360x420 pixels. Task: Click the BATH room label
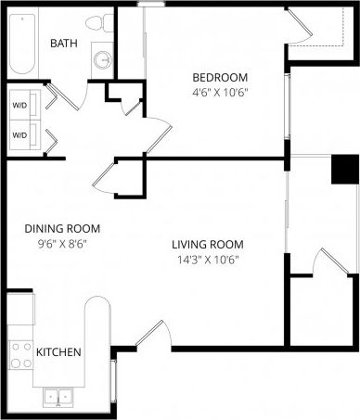point(63,44)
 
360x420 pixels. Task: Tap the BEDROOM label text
point(220,77)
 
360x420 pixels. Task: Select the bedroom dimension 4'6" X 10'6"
point(220,93)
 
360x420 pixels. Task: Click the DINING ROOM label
point(62,228)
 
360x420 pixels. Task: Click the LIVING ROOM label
point(207,245)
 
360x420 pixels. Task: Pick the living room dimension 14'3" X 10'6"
point(207,261)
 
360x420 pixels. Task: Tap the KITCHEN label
point(58,352)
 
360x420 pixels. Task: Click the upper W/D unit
point(19,105)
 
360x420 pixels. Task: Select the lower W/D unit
point(19,135)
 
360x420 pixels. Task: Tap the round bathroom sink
point(102,59)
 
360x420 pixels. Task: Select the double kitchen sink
point(58,397)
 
